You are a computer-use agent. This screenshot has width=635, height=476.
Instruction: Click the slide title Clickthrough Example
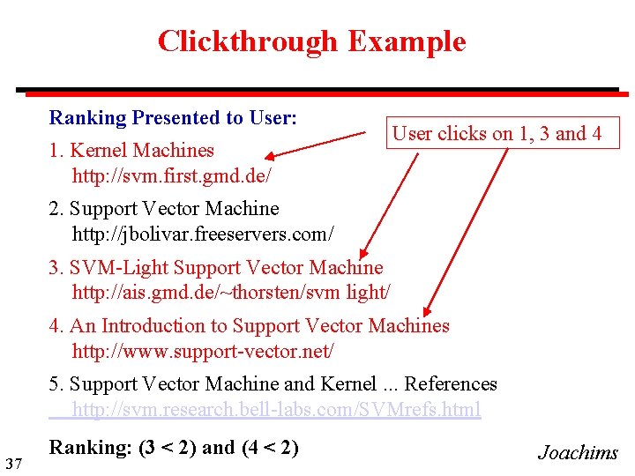(311, 41)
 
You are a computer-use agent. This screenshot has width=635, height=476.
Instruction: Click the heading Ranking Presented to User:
(173, 118)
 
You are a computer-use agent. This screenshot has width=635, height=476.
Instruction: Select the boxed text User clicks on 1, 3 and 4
(497, 134)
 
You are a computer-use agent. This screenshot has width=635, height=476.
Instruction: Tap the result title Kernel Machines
(141, 151)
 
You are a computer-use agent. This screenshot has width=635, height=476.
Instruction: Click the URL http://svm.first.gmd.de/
(171, 175)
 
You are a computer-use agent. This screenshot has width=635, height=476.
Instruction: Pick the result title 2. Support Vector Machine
(164, 209)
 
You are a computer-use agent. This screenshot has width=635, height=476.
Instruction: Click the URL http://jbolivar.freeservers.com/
(203, 234)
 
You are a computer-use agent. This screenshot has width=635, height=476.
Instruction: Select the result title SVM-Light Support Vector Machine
(226, 267)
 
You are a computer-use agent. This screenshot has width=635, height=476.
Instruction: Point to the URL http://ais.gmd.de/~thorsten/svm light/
(230, 292)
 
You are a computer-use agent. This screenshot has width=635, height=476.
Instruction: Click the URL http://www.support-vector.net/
(203, 351)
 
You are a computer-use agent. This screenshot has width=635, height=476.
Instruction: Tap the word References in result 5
(451, 384)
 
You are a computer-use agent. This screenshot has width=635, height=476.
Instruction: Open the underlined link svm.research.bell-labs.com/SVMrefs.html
(276, 409)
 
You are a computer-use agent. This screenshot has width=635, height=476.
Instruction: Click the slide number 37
(12, 464)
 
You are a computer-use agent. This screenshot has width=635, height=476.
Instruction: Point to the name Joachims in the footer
(578, 453)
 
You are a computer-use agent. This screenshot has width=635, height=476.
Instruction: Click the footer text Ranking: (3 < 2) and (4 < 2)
(174, 448)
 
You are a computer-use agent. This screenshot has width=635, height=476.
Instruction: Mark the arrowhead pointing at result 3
(371, 255)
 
